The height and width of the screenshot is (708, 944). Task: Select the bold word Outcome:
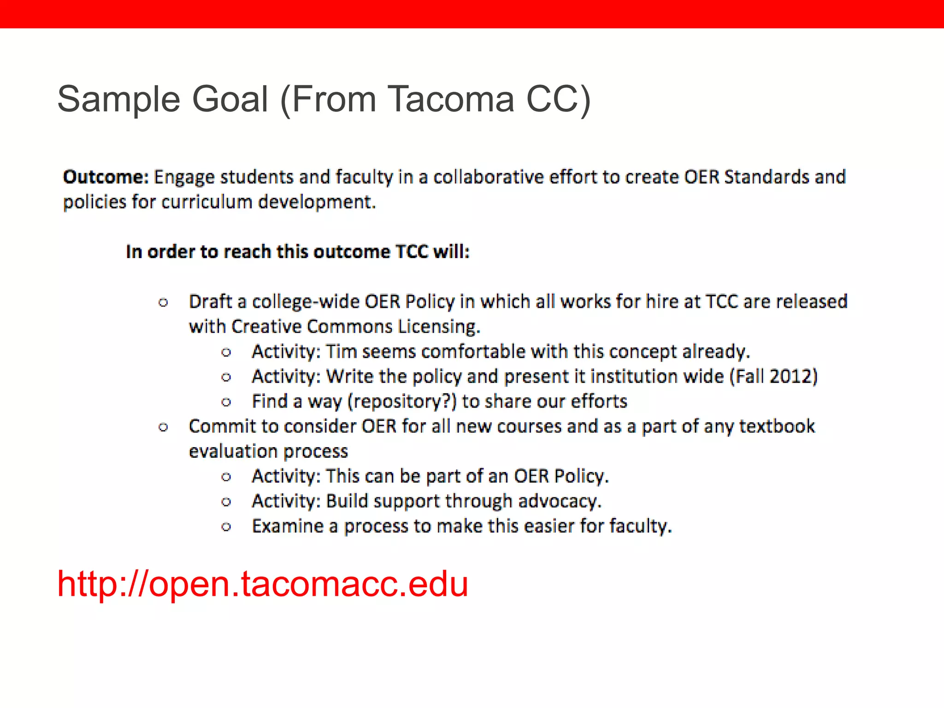[106, 177]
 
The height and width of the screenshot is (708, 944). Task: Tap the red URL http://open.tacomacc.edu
[262, 584]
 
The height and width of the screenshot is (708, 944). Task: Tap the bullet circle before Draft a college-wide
[163, 303]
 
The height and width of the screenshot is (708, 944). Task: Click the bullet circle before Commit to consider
[163, 427]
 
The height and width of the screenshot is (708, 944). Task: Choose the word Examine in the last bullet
[288, 526]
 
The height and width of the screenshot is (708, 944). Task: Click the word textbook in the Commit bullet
[777, 426]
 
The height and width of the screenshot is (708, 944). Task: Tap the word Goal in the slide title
[230, 99]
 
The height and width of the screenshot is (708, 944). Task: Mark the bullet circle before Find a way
[226, 402]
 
